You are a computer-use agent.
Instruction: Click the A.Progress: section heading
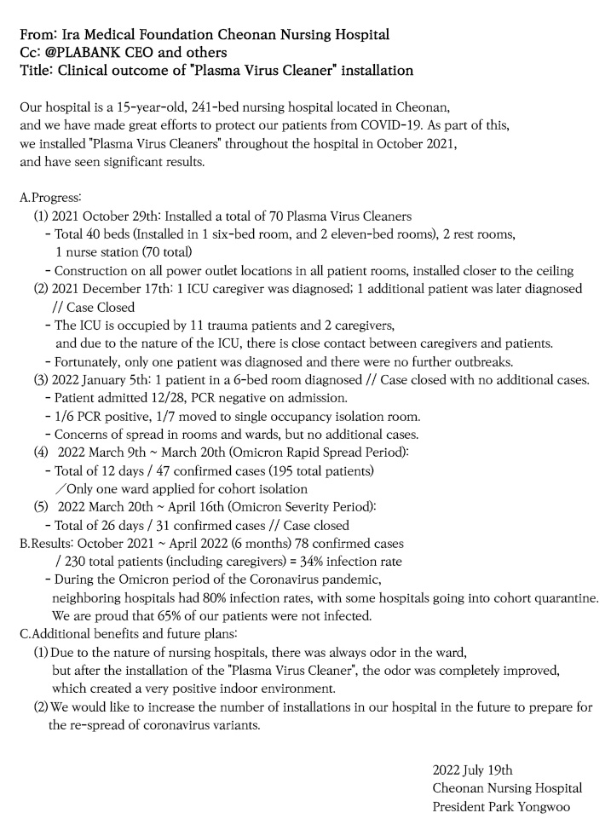click(x=50, y=197)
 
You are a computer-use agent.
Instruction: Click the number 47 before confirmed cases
click(x=175, y=471)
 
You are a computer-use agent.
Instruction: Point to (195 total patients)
click(x=328, y=471)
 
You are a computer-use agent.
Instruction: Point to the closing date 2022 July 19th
click(x=472, y=770)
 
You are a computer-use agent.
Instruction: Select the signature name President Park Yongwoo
click(x=501, y=806)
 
